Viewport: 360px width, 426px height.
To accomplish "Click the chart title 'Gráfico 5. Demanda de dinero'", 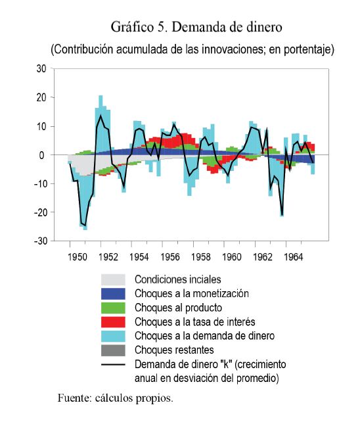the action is pos(196,27).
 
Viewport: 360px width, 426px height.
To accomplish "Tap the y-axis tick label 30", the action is pos(41,69).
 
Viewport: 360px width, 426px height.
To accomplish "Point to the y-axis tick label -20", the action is pos(40,212).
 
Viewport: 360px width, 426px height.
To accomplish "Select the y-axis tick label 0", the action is pos(41,155).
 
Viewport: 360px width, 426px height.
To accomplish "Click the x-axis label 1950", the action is pos(78,257).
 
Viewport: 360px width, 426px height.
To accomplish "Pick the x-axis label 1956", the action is pos(170,257).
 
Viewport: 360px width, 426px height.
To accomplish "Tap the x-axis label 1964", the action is pos(293,257).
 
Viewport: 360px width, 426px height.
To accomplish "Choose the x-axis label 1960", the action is pos(232,257).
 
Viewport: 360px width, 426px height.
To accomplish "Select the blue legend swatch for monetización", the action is pos(113,294).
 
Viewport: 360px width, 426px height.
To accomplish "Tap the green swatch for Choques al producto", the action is pos(113,308).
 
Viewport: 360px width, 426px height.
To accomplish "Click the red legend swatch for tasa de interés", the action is pos(113,322).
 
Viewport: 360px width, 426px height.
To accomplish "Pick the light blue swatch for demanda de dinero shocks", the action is pos(113,336).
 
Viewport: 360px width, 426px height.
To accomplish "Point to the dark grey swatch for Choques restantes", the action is pos(113,350).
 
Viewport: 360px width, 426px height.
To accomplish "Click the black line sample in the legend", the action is pos(113,365).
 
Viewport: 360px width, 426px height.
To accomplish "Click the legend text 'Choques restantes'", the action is pos(174,350).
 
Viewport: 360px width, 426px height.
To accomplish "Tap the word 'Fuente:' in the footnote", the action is pos(74,398).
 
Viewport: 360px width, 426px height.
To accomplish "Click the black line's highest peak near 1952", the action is pos(101,116).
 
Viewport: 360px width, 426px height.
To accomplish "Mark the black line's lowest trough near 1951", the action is pos(85,225).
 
